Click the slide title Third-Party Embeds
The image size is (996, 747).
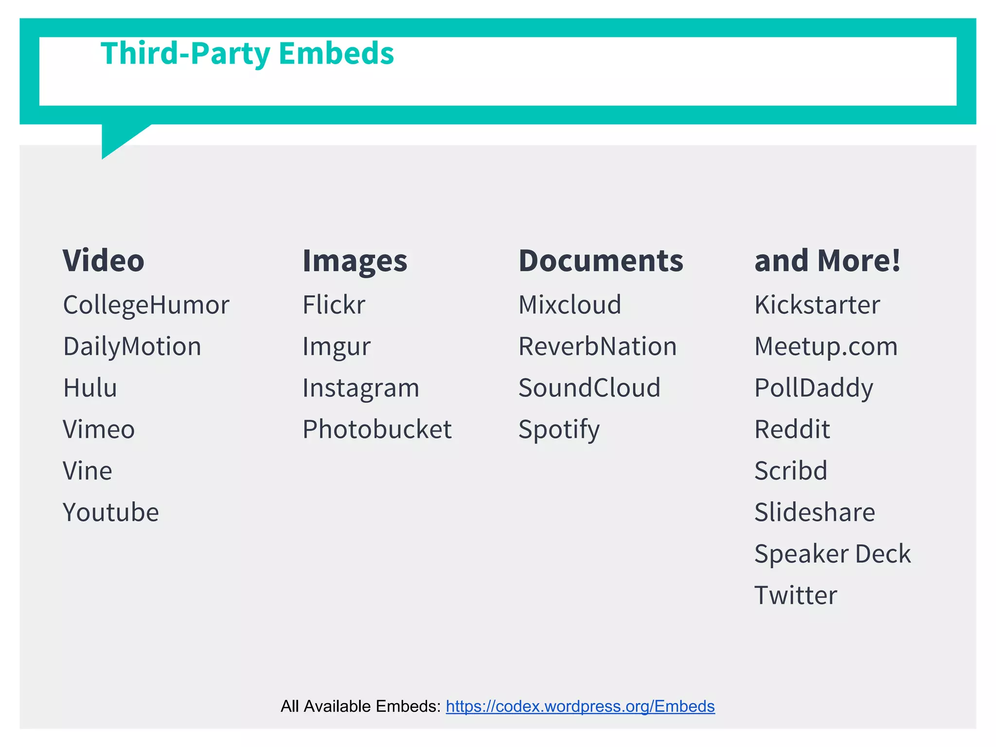247,53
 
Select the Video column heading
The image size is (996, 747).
104,261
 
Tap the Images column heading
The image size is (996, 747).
355,261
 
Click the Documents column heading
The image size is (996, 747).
601,261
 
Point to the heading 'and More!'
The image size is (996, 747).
827,261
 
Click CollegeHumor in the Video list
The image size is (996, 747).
146,305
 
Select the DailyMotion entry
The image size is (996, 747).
132,347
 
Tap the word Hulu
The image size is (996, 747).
90,388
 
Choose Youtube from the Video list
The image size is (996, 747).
111,513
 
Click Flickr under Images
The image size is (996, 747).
334,305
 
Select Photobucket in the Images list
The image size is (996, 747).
377,429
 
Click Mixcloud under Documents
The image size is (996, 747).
569,305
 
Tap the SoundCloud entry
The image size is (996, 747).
589,388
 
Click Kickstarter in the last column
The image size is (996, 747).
817,305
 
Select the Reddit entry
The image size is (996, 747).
792,429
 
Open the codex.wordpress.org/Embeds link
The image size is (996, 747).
580,706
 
